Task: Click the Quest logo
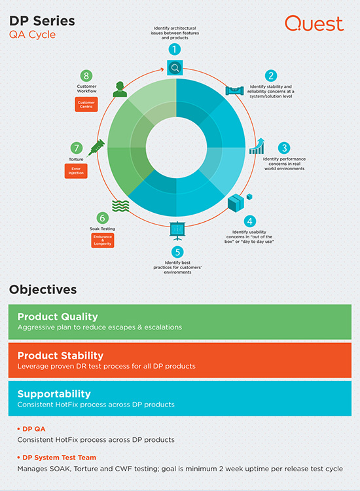click(x=314, y=24)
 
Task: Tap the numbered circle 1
click(x=175, y=49)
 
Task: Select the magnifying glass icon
click(x=175, y=67)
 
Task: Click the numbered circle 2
click(x=271, y=76)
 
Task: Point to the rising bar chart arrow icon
click(x=257, y=146)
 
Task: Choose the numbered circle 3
click(x=284, y=148)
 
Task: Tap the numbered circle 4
click(x=250, y=221)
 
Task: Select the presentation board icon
click(x=177, y=231)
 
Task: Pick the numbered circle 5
click(x=177, y=252)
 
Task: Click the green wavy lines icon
click(x=120, y=206)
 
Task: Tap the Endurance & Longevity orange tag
click(x=103, y=240)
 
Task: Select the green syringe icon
click(x=96, y=148)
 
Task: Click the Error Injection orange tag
click(x=76, y=171)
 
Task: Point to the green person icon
click(x=120, y=89)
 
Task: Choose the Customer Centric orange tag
click(x=86, y=104)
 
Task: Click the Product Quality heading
click(x=58, y=317)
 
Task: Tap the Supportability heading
click(x=54, y=393)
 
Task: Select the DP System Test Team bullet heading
click(x=57, y=458)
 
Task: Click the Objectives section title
click(x=43, y=289)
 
